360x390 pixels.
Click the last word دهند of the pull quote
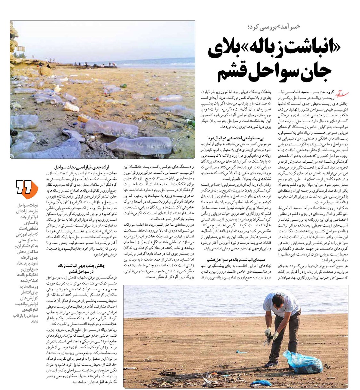pyautogui.click(x=34, y=321)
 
